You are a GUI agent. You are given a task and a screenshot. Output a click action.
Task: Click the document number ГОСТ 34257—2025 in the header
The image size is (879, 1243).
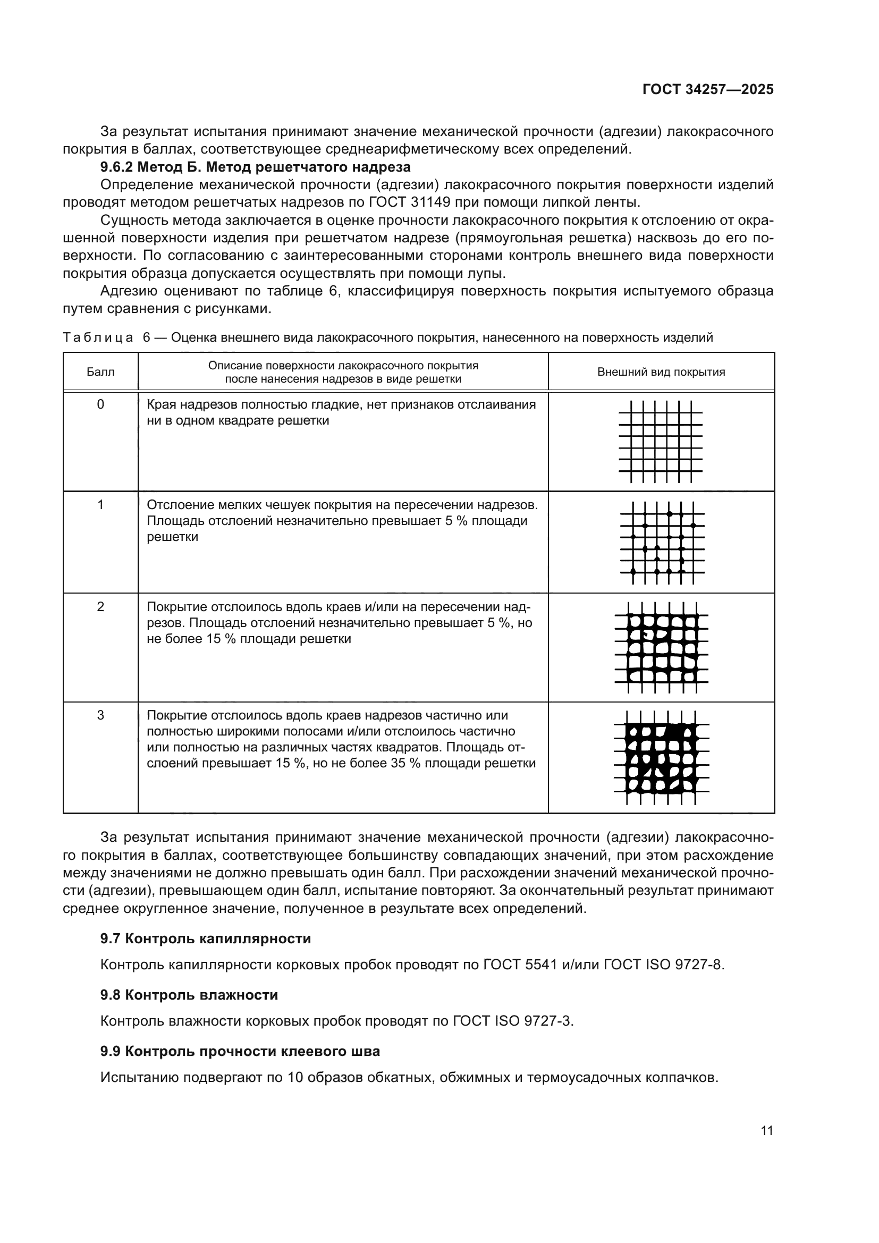point(707,90)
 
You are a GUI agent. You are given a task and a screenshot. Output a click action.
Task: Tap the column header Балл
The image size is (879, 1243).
point(100,372)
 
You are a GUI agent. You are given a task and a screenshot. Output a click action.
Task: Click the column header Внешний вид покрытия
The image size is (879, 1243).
point(661,372)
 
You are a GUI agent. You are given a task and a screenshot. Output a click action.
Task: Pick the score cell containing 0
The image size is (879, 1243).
point(100,404)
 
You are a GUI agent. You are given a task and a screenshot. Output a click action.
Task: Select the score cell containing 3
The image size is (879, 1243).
point(100,715)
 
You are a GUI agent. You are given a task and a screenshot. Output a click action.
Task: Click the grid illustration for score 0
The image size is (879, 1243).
point(661,441)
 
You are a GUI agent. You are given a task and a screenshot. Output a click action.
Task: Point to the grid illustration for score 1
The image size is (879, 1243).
point(662,543)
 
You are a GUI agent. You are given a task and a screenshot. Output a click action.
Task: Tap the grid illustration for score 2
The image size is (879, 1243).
point(662,647)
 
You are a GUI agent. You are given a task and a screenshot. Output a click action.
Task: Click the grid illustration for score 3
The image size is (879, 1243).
point(662,757)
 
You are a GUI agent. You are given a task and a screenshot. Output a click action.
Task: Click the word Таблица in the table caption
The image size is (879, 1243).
point(98,338)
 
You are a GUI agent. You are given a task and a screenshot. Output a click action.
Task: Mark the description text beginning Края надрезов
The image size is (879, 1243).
point(341,412)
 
